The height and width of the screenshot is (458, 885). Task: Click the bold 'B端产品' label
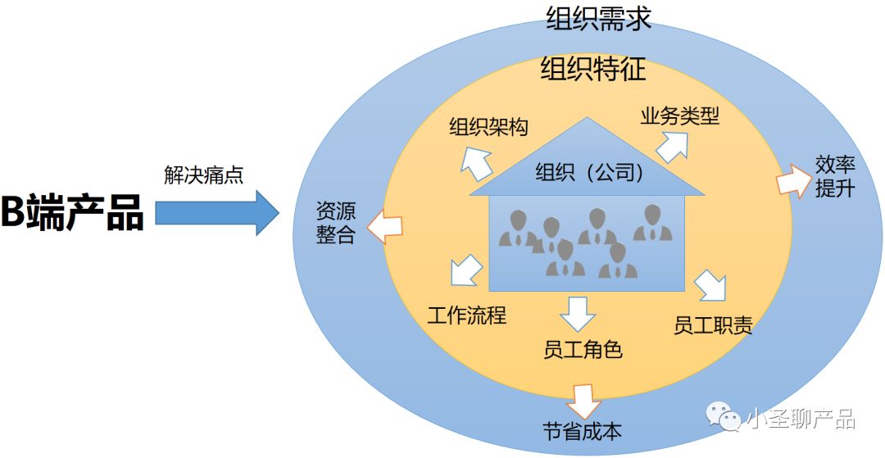pos(72,212)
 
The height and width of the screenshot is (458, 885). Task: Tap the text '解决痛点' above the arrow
pos(203,175)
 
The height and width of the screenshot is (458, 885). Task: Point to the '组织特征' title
pos(592,69)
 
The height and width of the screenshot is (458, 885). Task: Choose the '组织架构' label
pos(488,127)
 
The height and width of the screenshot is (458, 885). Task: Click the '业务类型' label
pos(679,116)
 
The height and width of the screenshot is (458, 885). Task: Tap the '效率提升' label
pos(835,176)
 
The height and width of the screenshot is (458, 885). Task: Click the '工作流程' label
pos(467,315)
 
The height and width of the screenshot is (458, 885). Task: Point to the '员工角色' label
pos(583,351)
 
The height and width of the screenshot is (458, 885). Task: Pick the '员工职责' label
pos(713,326)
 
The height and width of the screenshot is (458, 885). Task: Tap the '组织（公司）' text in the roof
pos(588,173)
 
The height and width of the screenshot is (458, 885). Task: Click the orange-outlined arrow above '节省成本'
pos(584,401)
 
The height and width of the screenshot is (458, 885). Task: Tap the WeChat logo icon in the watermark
pos(725,419)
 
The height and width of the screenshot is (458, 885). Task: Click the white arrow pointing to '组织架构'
pos(476,161)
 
